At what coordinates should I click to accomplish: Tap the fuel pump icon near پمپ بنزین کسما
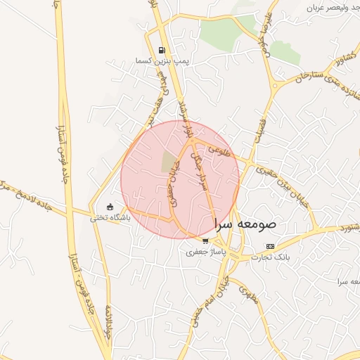coord(163,50)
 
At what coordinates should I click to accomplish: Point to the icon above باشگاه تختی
coord(109,207)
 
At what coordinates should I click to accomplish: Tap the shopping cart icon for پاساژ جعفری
coord(205,240)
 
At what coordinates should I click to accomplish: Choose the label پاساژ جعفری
coord(204,251)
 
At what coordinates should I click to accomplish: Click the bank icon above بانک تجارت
coord(271,246)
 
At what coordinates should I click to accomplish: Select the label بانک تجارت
coord(271,257)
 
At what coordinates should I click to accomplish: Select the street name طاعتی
coord(220,149)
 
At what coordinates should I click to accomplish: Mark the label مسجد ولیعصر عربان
coord(331,7)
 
